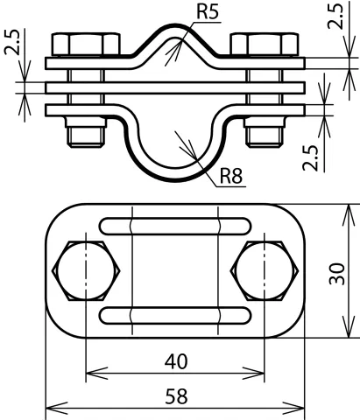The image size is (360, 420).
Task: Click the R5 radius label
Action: (208, 11)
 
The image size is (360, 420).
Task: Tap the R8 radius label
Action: (231, 176)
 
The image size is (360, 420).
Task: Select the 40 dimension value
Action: (176, 361)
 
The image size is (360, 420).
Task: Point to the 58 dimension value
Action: (176, 396)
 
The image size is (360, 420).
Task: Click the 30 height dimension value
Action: (337, 274)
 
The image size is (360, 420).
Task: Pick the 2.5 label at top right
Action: (335, 16)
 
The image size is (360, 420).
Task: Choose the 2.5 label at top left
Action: (12, 42)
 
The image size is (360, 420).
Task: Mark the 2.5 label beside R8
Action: (310, 157)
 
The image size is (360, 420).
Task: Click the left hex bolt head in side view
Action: (86, 45)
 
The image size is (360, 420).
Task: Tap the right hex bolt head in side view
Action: (265, 45)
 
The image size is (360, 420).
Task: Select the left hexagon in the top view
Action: (86, 270)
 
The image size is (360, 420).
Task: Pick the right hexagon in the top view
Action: (265, 270)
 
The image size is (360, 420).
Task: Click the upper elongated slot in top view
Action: (175, 226)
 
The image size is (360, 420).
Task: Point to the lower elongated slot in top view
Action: (175, 315)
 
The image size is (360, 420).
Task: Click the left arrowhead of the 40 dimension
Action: (96, 374)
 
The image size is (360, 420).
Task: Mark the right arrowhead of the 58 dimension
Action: (293, 408)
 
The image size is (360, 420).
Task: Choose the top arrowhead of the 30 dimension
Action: (349, 215)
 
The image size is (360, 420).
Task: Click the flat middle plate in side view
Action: (175, 87)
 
